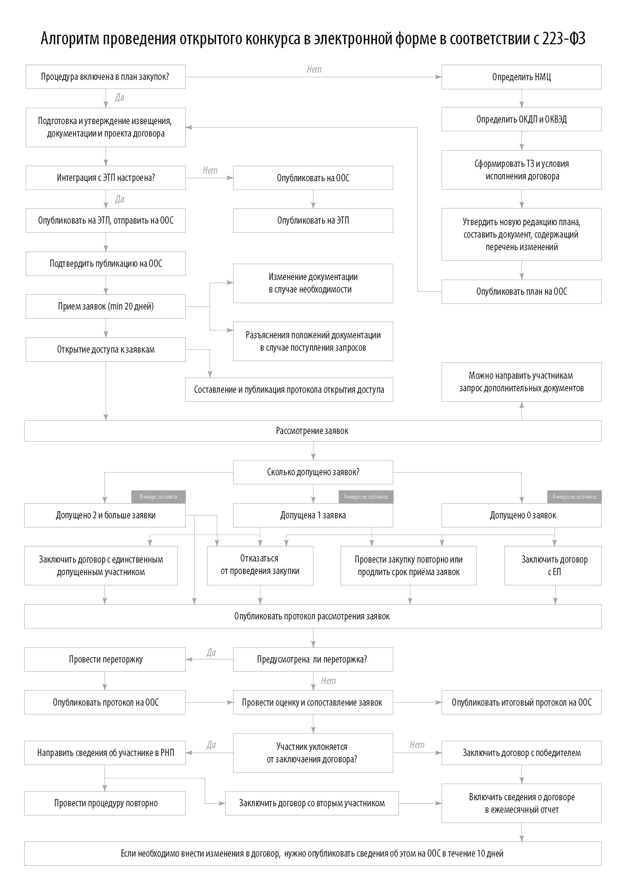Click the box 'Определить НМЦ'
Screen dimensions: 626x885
pyautogui.click(x=521, y=77)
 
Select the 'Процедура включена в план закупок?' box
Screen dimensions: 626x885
pyautogui.click(x=106, y=77)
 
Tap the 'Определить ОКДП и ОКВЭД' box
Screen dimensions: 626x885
pyautogui.click(x=521, y=120)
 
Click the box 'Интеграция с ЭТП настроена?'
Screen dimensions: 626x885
pyautogui.click(x=106, y=178)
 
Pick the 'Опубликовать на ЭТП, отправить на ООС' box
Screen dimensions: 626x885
pyautogui.click(x=106, y=221)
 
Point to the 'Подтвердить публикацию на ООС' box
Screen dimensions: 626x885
pyautogui.click(x=106, y=264)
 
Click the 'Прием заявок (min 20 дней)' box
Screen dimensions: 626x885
pyautogui.click(x=106, y=306)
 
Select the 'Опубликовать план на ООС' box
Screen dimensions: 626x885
pyautogui.click(x=521, y=292)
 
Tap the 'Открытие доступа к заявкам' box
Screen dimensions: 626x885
pyautogui.click(x=106, y=350)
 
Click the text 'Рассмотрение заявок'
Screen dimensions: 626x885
pyautogui.click(x=312, y=431)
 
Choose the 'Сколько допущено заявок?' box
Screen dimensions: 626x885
pyautogui.click(x=313, y=472)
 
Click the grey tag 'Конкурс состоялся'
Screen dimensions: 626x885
pyautogui.click(x=159, y=497)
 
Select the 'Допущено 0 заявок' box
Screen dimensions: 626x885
pyautogui.click(x=521, y=515)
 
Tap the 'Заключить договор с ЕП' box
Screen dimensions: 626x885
pyautogui.click(x=553, y=565)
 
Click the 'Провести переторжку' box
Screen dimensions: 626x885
pyautogui.click(x=105, y=659)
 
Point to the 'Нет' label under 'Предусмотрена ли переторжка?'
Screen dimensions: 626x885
pyautogui.click(x=329, y=681)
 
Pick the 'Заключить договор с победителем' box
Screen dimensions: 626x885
pyautogui.click(x=521, y=753)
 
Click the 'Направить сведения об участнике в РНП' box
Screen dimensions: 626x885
pyautogui.click(x=105, y=753)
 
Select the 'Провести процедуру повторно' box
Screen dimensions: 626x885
pyautogui.click(x=105, y=803)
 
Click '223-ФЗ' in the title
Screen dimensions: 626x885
pyautogui.click(x=564, y=39)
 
